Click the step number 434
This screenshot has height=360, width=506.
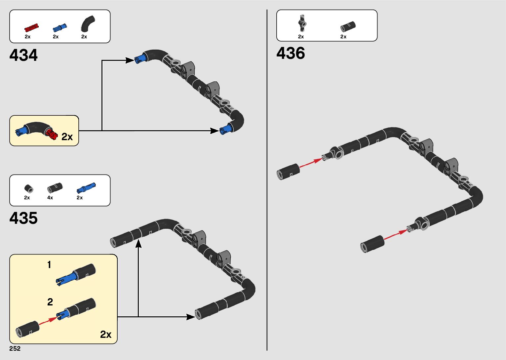pyautogui.click(x=23, y=55)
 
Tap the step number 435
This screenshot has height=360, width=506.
pyautogui.click(x=23, y=218)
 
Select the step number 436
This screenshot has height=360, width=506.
pyautogui.click(x=291, y=53)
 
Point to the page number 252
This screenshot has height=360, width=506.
pyautogui.click(x=15, y=349)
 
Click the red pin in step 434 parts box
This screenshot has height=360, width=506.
pyautogui.click(x=31, y=27)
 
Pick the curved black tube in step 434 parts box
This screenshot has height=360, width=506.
pyautogui.click(x=88, y=24)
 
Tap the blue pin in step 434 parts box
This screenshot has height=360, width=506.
pyautogui.click(x=59, y=27)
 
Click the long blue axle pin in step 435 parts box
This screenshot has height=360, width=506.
pyautogui.click(x=86, y=188)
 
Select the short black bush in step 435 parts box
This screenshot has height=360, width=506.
pyautogui.click(x=29, y=188)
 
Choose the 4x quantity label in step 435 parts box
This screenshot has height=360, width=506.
pyautogui.click(x=50, y=198)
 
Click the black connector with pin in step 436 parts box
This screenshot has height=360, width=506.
pyautogui.click(x=301, y=23)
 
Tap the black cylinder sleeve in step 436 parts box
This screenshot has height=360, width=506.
pyautogui.click(x=348, y=26)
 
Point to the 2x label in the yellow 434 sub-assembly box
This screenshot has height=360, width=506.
pyautogui.click(x=67, y=137)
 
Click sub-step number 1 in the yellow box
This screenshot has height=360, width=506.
pyautogui.click(x=49, y=265)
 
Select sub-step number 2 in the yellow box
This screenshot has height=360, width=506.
pyautogui.click(x=50, y=302)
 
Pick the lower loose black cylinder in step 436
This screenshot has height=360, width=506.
pyautogui.click(x=372, y=244)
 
